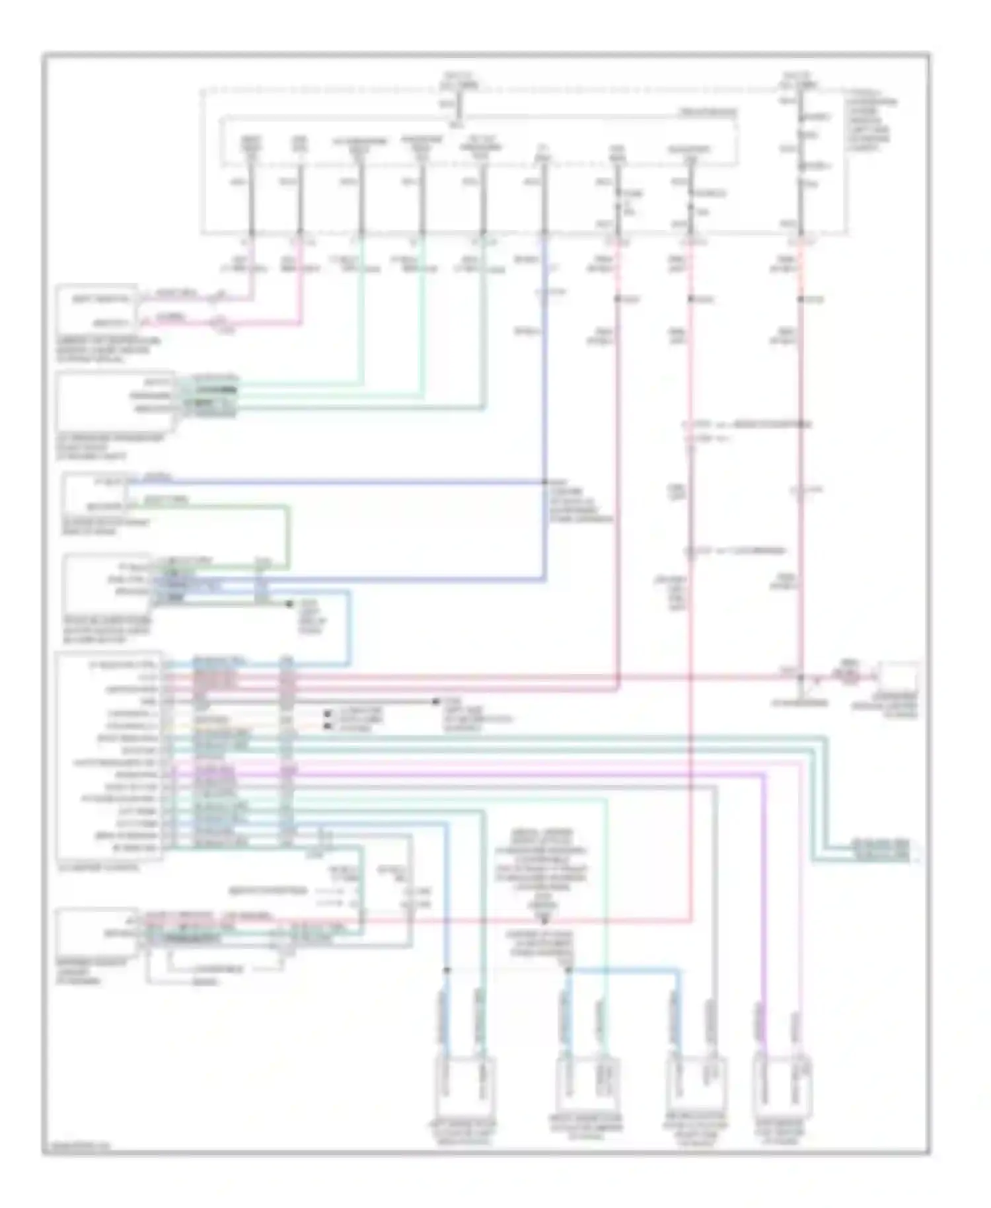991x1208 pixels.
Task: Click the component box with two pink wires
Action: (x=97, y=309)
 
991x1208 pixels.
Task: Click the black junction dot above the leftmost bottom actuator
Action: (x=447, y=970)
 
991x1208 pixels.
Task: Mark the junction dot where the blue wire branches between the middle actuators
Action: (x=568, y=970)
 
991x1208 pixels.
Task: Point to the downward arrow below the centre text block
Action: (x=545, y=919)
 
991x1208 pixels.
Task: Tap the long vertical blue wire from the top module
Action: (x=544, y=396)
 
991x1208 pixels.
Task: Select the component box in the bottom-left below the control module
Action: (x=98, y=930)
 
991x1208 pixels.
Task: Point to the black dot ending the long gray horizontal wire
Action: (x=435, y=701)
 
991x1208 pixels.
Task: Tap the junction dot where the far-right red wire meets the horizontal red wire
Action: (x=801, y=677)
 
